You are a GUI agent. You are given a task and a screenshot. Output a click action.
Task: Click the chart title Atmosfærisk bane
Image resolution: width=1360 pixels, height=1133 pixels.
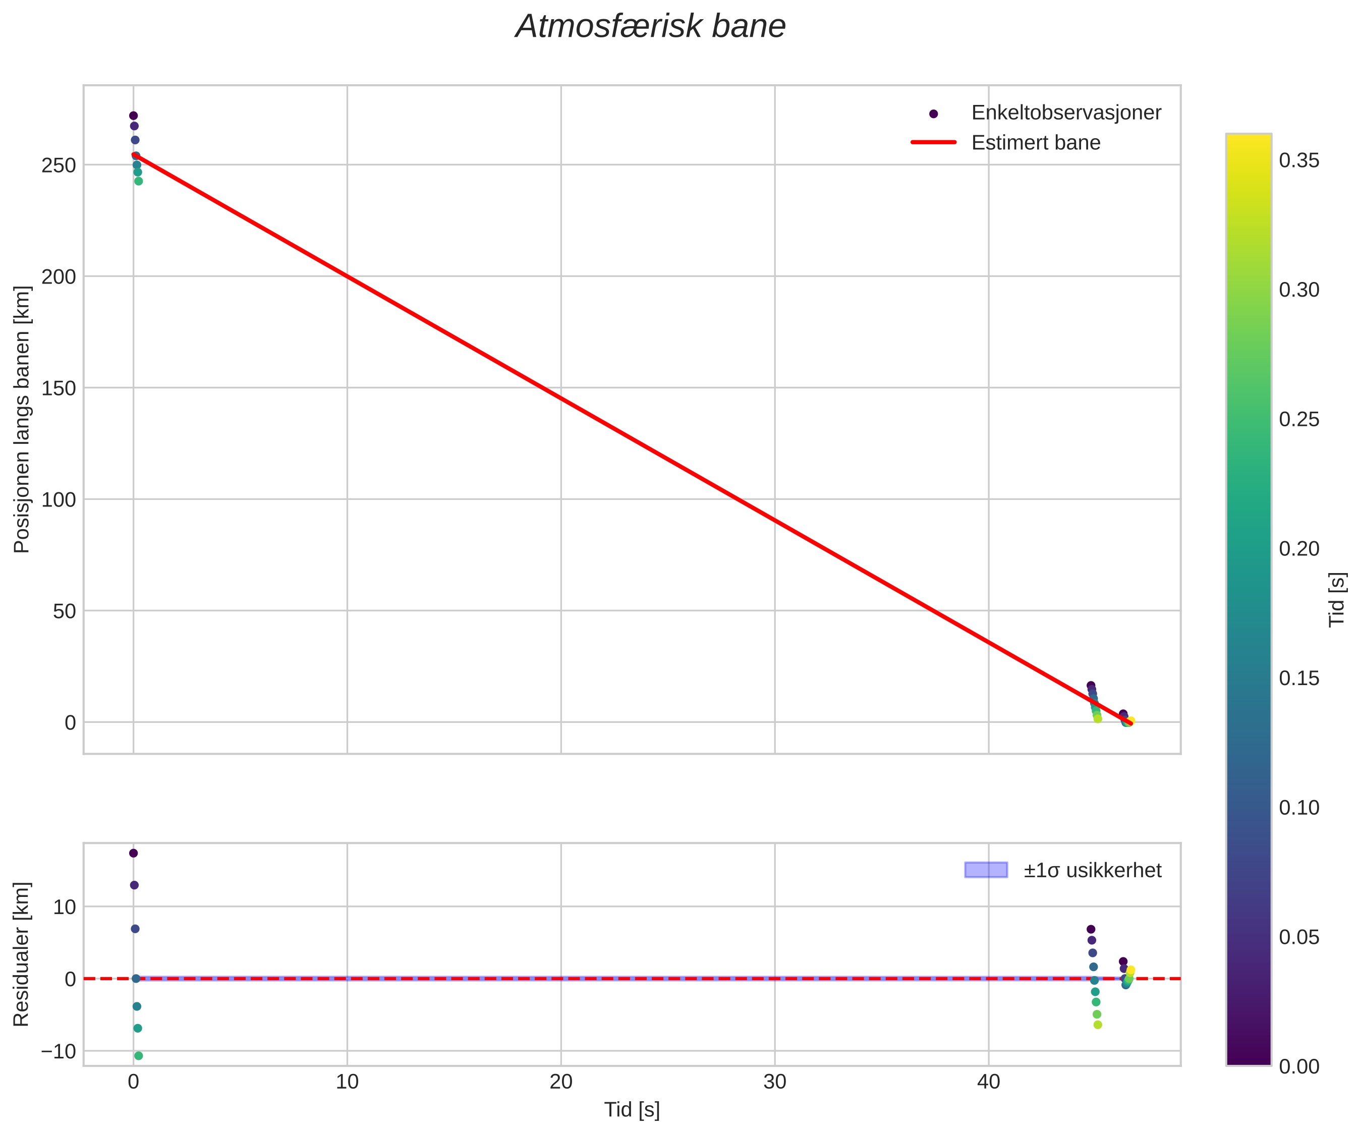[650, 27]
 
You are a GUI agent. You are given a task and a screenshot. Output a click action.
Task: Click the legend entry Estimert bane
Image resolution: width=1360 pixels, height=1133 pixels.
[1035, 143]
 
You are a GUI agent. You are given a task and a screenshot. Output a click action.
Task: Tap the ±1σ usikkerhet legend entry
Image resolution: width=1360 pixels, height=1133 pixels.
[1092, 870]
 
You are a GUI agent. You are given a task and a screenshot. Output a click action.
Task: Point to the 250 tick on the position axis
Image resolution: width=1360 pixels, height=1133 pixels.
[59, 165]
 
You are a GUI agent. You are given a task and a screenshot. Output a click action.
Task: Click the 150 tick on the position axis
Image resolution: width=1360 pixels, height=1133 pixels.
[59, 388]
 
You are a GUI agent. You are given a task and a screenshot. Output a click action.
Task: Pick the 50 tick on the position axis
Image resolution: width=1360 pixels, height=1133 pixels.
[64, 611]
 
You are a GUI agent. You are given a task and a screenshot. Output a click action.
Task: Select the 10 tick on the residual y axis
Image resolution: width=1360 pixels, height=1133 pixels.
[64, 907]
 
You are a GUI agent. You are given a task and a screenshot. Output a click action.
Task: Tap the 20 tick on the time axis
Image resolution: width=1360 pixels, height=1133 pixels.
[561, 1083]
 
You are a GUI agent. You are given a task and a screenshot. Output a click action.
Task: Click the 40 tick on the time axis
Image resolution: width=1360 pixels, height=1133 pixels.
[988, 1083]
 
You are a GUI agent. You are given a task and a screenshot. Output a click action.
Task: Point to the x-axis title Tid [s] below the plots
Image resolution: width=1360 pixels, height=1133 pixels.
[632, 1110]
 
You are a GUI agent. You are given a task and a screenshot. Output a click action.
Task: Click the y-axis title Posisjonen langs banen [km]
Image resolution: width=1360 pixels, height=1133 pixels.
[22, 419]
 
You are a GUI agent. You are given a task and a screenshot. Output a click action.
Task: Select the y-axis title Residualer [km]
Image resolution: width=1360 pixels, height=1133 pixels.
[22, 953]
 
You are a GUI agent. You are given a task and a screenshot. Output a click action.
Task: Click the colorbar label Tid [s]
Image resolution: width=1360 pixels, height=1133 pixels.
[1337, 599]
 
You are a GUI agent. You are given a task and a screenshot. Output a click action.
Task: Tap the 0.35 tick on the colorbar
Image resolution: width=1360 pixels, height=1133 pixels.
[1298, 160]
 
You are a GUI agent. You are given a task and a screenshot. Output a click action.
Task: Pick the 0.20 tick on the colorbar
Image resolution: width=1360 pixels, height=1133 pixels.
[1298, 549]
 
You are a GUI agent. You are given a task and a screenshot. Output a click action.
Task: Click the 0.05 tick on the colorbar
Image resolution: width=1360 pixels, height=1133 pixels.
[1298, 937]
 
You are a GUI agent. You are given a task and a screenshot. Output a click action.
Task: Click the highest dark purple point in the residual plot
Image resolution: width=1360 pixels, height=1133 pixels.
[133, 853]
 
